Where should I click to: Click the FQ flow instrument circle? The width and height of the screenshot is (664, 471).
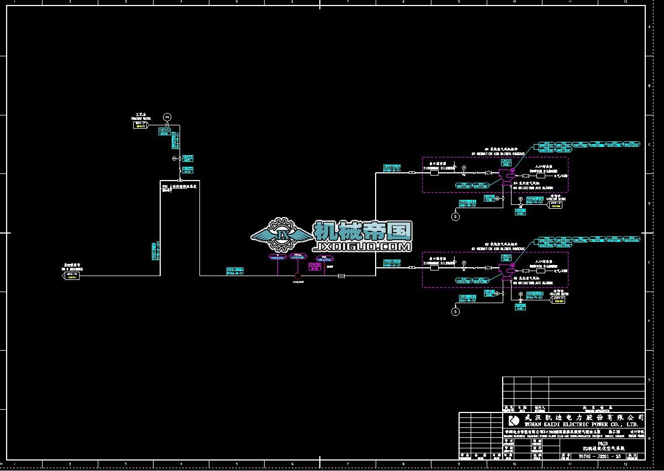click(x=167, y=117)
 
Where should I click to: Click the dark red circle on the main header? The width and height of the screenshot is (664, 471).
click(x=298, y=275)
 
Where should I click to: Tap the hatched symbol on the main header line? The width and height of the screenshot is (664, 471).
click(x=343, y=275)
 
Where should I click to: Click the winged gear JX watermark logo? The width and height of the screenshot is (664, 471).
click(x=282, y=235)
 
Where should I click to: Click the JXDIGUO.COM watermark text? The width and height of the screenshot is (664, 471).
click(x=362, y=247)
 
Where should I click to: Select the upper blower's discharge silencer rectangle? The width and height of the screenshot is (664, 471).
click(x=434, y=172)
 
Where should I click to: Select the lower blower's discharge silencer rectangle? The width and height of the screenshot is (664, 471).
click(x=434, y=268)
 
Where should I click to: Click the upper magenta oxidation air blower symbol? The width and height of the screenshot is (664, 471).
click(x=505, y=175)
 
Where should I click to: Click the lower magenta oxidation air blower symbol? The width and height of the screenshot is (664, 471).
click(x=505, y=270)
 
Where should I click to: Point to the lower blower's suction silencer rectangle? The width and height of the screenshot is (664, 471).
click(x=540, y=271)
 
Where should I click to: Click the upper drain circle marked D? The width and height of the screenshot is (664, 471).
click(x=455, y=216)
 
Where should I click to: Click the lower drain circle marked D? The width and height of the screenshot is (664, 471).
click(x=455, y=312)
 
